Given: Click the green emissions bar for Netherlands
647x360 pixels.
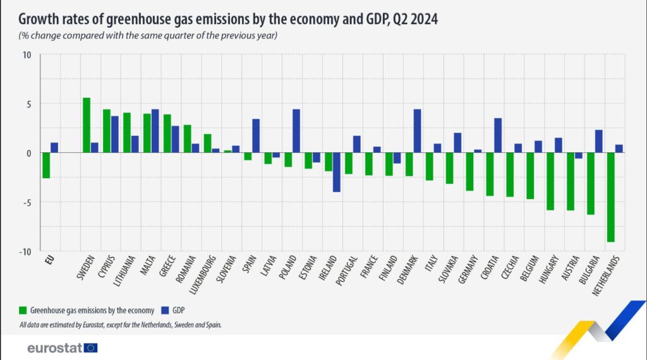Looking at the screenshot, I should (x=611, y=197).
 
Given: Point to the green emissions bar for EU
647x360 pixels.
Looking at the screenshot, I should (x=46, y=165).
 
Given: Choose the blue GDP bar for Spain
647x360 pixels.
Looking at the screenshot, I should (x=256, y=136).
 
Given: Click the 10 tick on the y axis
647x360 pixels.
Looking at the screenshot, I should (x=27, y=54).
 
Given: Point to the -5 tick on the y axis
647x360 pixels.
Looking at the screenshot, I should (x=26, y=202).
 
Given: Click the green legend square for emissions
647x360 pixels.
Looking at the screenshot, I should (x=23, y=310).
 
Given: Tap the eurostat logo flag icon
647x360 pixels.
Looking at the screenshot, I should (x=91, y=347).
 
